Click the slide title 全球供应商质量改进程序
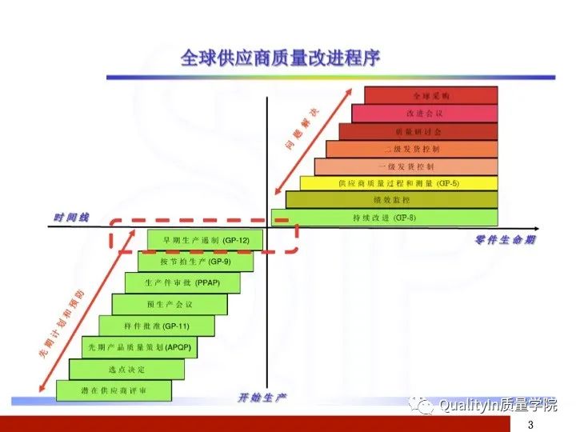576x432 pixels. [x=280, y=58]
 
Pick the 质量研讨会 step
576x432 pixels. [x=418, y=131]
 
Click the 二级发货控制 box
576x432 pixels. [x=411, y=149]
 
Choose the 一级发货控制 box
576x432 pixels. [x=406, y=166]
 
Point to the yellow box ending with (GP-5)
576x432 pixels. [x=398, y=183]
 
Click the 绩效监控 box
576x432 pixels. [x=391, y=200]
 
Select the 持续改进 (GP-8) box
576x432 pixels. [x=384, y=218]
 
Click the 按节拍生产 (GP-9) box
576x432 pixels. [x=195, y=261]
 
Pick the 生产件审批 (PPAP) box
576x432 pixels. [x=182, y=282]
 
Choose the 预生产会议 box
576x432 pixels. [x=169, y=304]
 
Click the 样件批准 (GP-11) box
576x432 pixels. [x=157, y=326]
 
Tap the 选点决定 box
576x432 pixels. [x=126, y=369]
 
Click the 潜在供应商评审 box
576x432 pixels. [x=114, y=390]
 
